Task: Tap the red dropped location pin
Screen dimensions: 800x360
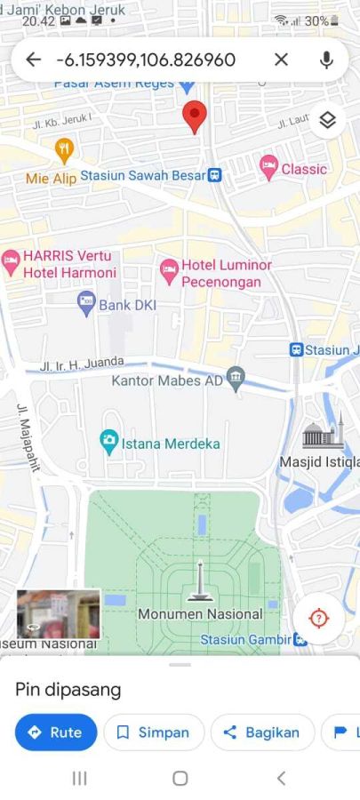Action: pyautogui.click(x=195, y=116)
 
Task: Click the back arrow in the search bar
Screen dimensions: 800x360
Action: pyautogui.click(x=34, y=60)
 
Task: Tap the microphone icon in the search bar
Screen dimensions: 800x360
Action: pyautogui.click(x=326, y=60)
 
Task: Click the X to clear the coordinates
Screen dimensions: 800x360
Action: pyautogui.click(x=281, y=60)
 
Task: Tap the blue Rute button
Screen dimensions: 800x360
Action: pyautogui.click(x=56, y=732)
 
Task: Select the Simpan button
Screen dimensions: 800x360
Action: pyautogui.click(x=154, y=732)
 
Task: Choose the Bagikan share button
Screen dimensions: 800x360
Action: pyautogui.click(x=262, y=732)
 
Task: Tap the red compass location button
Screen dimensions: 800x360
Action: pyautogui.click(x=319, y=618)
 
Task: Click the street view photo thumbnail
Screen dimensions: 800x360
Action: pyautogui.click(x=58, y=613)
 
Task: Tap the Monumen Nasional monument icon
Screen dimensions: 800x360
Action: pyautogui.click(x=200, y=582)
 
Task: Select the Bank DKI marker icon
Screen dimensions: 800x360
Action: pyautogui.click(x=86, y=304)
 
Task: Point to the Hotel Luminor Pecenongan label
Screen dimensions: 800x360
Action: pyautogui.click(x=221, y=274)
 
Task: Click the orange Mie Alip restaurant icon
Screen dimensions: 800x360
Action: pyautogui.click(x=63, y=149)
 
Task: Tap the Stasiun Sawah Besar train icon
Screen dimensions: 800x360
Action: pyautogui.click(x=214, y=175)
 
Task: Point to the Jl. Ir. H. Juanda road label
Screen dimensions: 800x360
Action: pyautogui.click(x=82, y=364)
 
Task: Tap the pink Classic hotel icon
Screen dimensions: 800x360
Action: pyautogui.click(x=268, y=166)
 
